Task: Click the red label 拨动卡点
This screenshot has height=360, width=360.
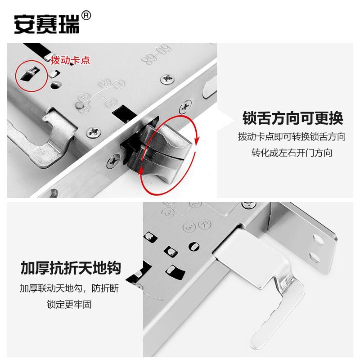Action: click(70, 60)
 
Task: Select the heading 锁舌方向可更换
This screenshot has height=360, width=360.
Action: click(292, 118)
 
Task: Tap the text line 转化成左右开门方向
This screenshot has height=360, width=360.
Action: click(292, 153)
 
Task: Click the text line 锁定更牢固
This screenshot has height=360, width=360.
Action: click(69, 305)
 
